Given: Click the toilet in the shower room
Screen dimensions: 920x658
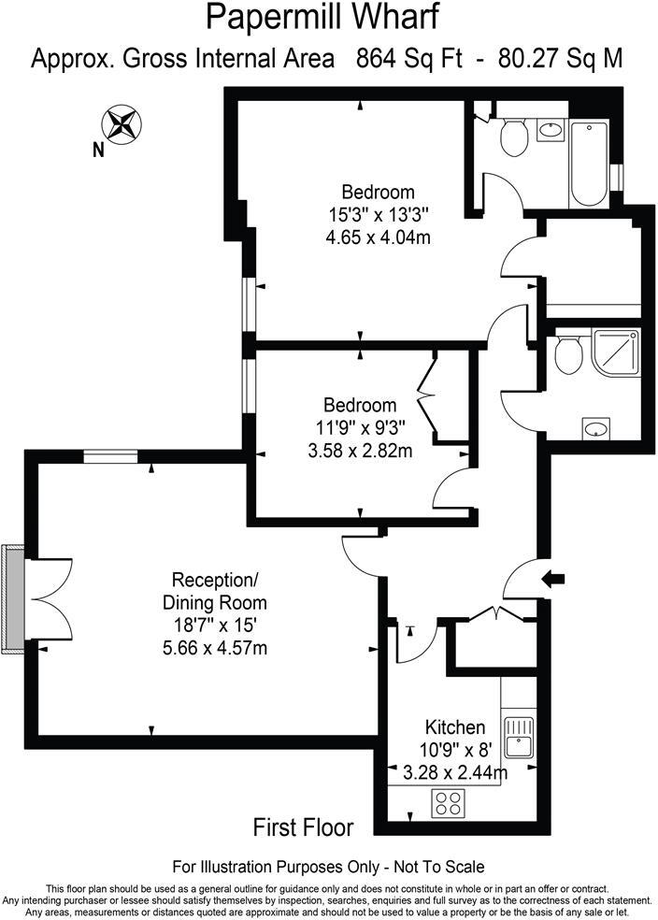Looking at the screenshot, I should tap(567, 353).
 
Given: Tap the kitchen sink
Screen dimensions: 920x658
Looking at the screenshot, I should tap(517, 736).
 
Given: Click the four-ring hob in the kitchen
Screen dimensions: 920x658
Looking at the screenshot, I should tap(448, 803).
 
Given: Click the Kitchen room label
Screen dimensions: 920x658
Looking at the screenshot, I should tap(455, 726).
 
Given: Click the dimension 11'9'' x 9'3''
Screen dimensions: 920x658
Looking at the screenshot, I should tap(360, 429).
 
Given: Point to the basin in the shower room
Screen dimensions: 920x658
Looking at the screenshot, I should tap(594, 429).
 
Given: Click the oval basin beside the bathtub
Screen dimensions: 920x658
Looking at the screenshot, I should tap(551, 131).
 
